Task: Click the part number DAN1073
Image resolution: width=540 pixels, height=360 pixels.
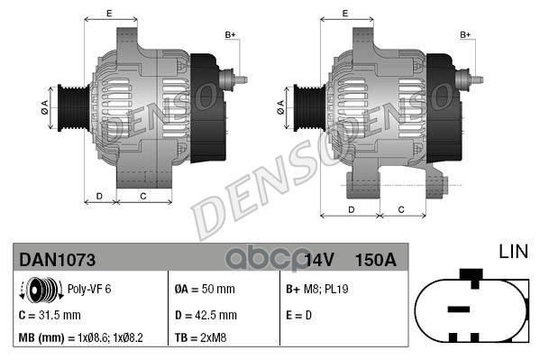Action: pyautogui.click(x=58, y=260)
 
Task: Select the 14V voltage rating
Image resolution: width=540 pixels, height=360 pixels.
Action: pyautogui.click(x=319, y=260)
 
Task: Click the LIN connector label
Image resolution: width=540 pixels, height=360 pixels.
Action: pyautogui.click(x=513, y=251)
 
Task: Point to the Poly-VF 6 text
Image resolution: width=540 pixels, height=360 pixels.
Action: pyautogui.click(x=91, y=291)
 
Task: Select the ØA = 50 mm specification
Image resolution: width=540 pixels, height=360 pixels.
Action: pyautogui.click(x=204, y=290)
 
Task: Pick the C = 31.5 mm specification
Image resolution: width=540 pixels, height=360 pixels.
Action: pyautogui.click(x=50, y=315)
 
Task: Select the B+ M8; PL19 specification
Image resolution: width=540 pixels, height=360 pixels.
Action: pyautogui.click(x=319, y=290)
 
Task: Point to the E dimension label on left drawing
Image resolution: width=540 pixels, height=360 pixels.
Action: pyautogui.click(x=109, y=13)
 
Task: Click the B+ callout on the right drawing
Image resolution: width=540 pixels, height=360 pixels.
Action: pyautogui.click(x=465, y=34)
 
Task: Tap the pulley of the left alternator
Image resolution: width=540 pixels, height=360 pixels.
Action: pyautogui.click(x=69, y=106)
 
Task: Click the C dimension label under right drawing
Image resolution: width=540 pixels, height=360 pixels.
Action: pyautogui.click(x=400, y=209)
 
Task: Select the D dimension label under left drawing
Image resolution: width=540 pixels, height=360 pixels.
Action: pyautogui.click(x=99, y=195)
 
